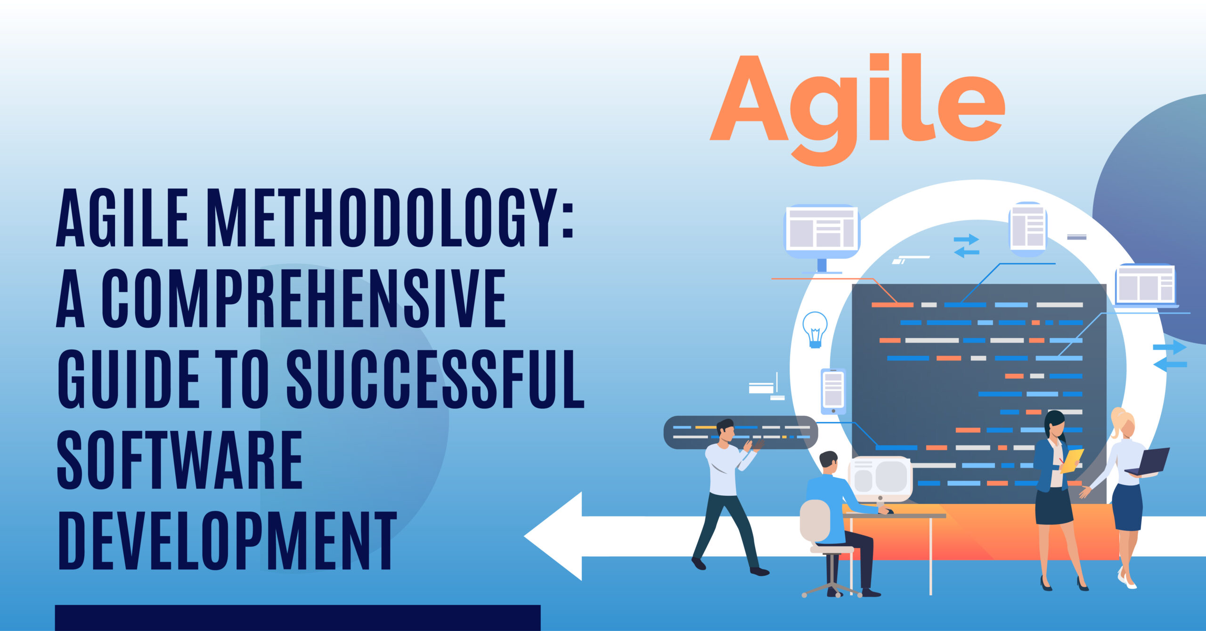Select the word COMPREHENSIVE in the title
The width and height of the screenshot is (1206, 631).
coord(304,298)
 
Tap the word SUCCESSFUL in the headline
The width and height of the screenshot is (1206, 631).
coord(435,379)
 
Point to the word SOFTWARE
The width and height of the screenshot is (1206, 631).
coord(179,460)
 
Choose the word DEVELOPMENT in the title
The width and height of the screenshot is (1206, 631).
coord(227,541)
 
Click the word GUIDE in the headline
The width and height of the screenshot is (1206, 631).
coord(129,379)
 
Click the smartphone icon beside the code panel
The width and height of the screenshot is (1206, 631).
coord(833,391)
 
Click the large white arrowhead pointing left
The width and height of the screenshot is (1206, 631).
coord(554,536)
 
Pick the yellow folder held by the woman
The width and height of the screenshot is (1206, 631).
coord(1072,461)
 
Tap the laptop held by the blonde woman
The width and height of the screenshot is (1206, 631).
coord(1149,462)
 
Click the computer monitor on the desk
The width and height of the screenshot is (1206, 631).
coord(880,479)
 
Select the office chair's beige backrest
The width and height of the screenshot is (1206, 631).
coord(815,520)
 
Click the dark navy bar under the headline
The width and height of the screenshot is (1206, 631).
coord(298,618)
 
